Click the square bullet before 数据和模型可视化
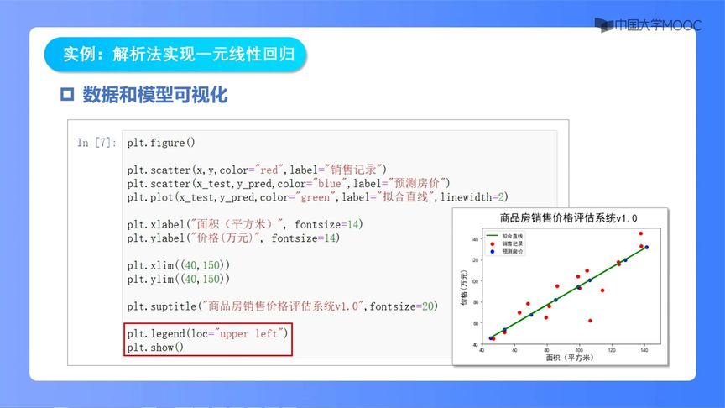pos(68,95)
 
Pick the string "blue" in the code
pos(322,183)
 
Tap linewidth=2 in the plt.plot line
pos(475,196)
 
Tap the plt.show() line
pos(155,347)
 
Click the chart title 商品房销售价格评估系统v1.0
pos(562,218)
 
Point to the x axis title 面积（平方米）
pos(562,358)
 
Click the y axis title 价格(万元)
pos(465,285)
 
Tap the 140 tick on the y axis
pos(474,239)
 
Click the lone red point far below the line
pos(590,321)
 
